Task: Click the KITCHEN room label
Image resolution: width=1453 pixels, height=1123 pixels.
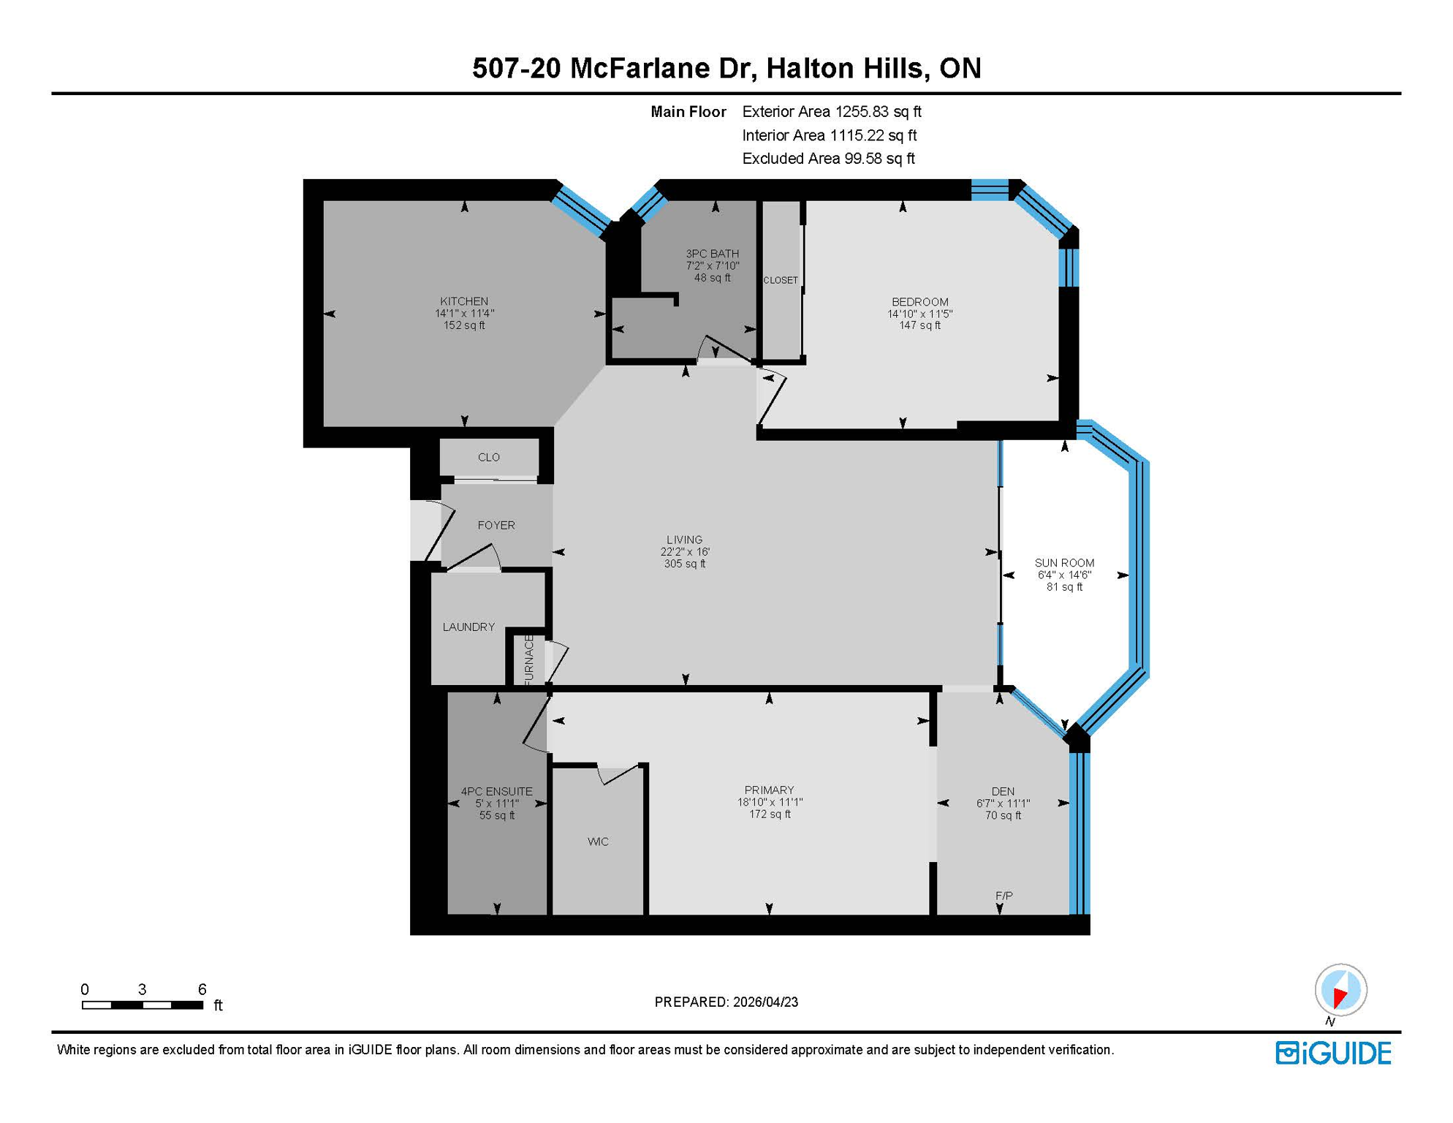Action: pos(464,301)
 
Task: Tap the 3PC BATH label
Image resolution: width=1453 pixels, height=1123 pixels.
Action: pos(712,254)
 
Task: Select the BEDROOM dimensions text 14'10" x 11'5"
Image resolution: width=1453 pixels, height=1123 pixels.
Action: pos(919,314)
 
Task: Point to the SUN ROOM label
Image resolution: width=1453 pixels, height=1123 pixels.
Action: pos(1064,563)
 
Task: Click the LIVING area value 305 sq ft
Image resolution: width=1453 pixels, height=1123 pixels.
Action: pos(684,564)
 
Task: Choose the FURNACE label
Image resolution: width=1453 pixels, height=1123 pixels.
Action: pos(529,659)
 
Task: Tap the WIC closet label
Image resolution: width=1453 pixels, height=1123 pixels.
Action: pos(598,842)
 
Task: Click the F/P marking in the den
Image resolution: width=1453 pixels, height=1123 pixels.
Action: pos(1004,896)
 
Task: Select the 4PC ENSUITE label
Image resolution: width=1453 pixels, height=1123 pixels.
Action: pos(496,791)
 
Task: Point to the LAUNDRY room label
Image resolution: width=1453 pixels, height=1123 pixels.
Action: pos(468,627)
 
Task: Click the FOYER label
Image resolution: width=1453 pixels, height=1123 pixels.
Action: pos(496,525)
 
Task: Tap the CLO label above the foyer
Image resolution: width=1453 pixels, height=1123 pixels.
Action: pos(488,458)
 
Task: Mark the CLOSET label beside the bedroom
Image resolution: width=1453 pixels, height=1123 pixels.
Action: pos(781,280)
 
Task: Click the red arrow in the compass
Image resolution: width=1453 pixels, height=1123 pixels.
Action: pos(1340,997)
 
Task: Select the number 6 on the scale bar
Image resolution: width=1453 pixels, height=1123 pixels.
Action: pos(202,989)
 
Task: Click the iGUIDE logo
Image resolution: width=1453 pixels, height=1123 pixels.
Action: pos(1333,1053)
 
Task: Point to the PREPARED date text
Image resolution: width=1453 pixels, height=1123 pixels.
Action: pos(726,1002)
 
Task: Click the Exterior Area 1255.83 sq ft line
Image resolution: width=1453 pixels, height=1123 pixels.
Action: pos(831,112)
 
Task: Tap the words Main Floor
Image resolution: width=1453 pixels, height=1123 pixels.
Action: pos(688,112)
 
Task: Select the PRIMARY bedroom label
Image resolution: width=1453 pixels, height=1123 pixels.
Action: pos(769,790)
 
